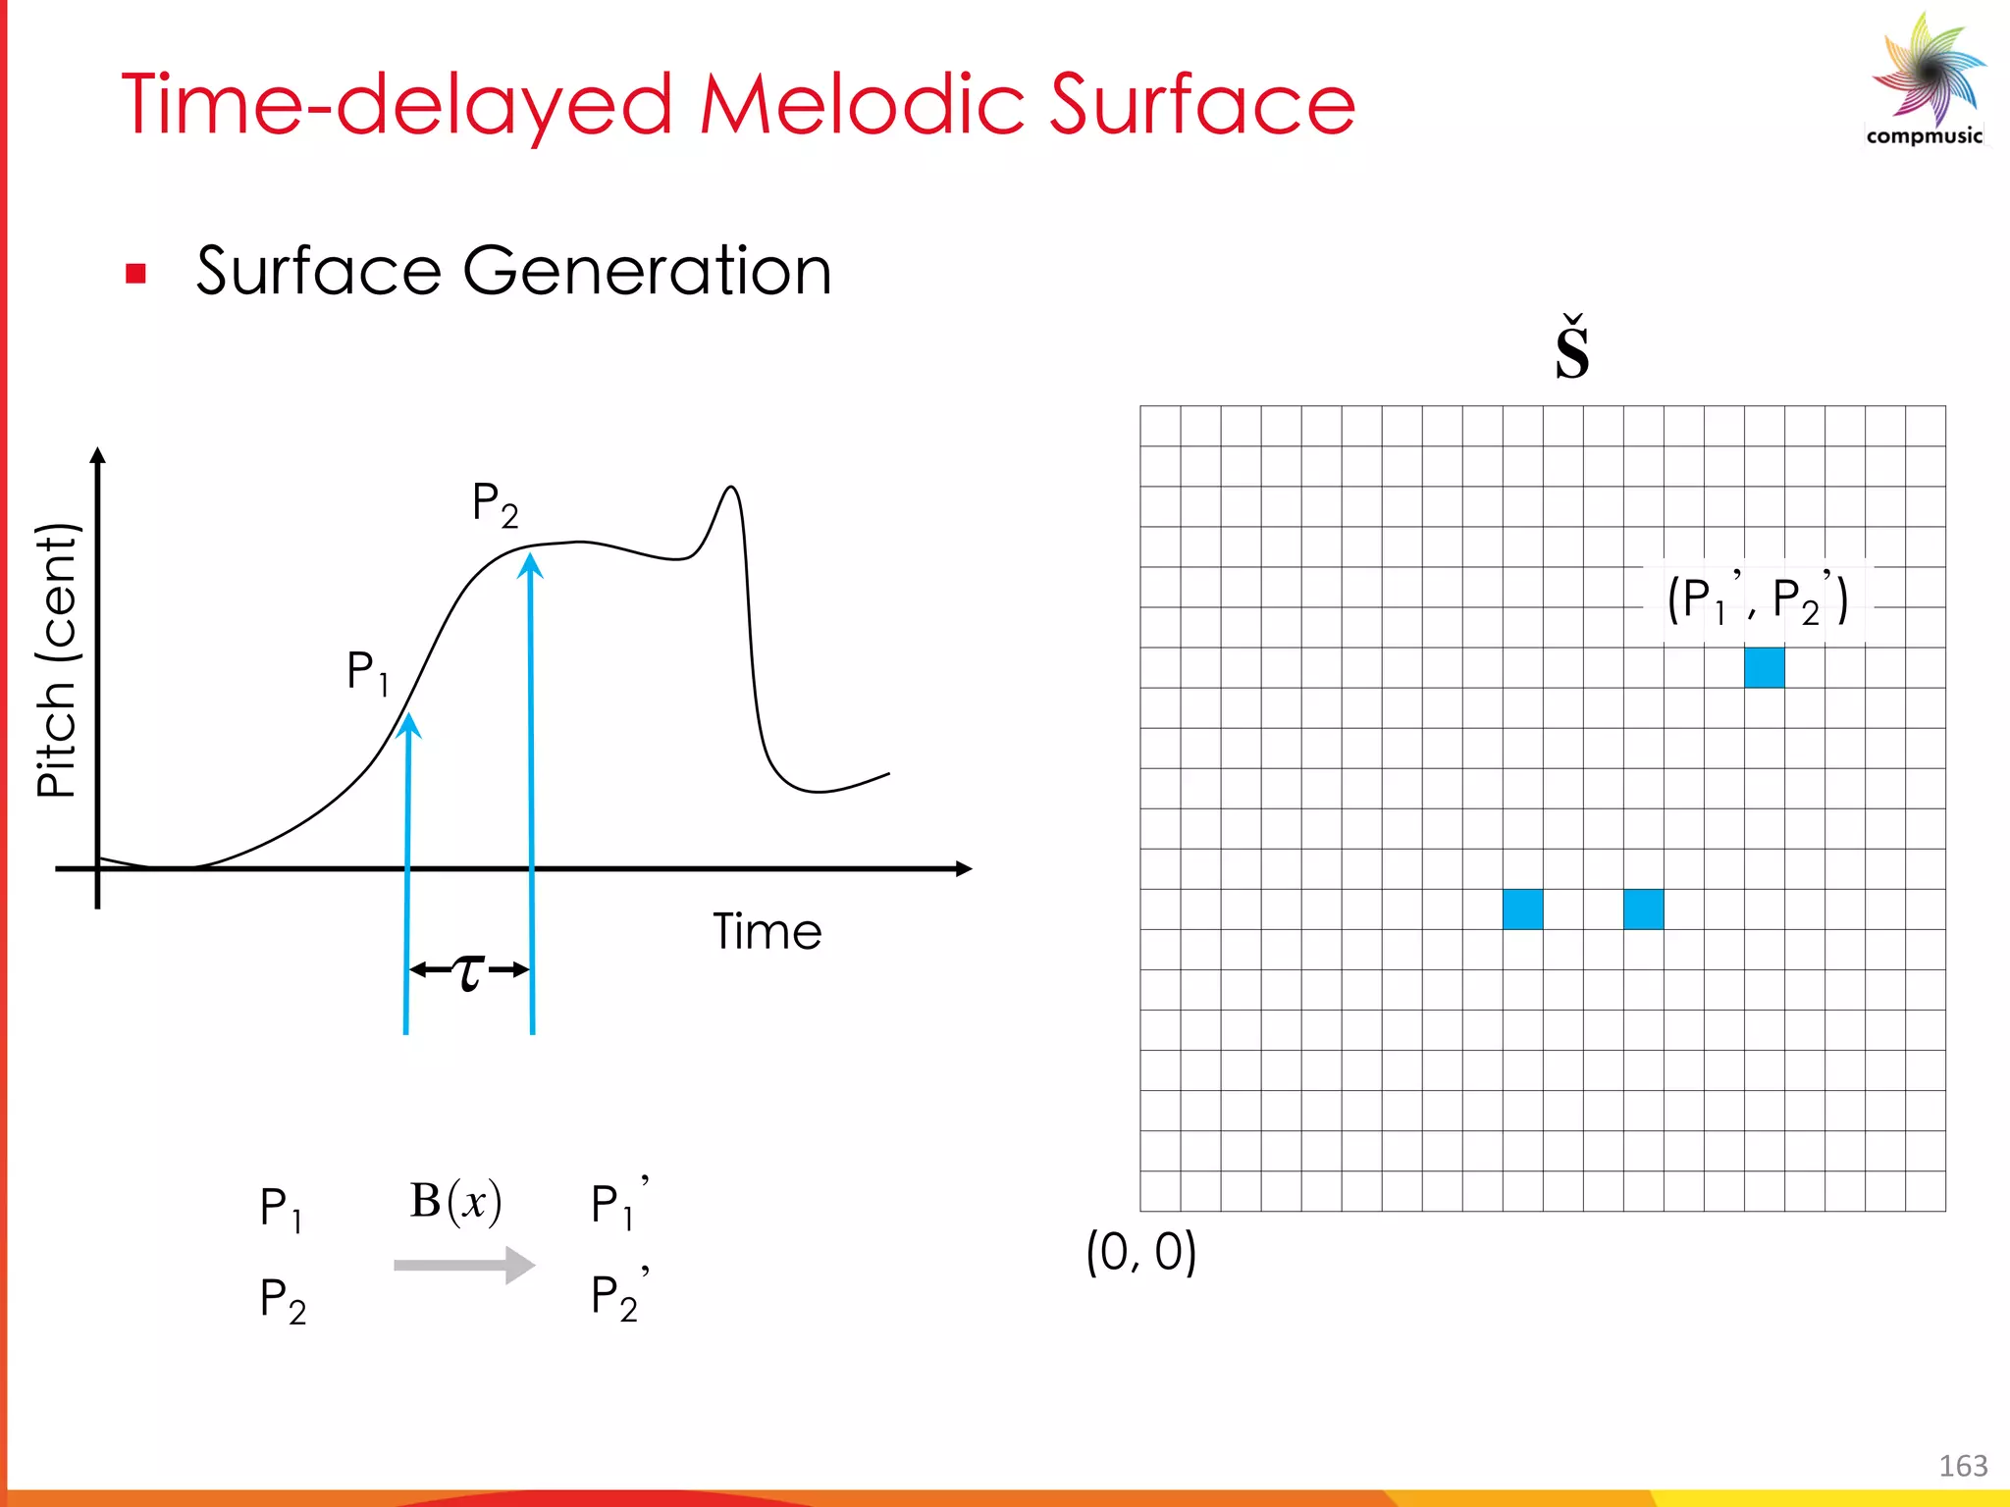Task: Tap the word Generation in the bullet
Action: (x=647, y=271)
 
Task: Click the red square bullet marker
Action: (x=136, y=274)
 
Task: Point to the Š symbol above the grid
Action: (x=1571, y=350)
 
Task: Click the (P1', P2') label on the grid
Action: (x=1757, y=599)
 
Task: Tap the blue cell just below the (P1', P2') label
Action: (x=1764, y=667)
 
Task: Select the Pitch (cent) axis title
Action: (x=57, y=660)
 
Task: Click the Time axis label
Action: (x=767, y=932)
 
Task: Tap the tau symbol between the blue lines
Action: (x=469, y=971)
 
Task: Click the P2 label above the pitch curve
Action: (x=495, y=504)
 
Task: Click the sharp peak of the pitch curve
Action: (x=731, y=488)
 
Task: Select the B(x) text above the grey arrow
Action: (x=455, y=1201)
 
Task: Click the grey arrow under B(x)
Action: (x=464, y=1265)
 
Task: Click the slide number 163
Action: (x=1963, y=1466)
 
